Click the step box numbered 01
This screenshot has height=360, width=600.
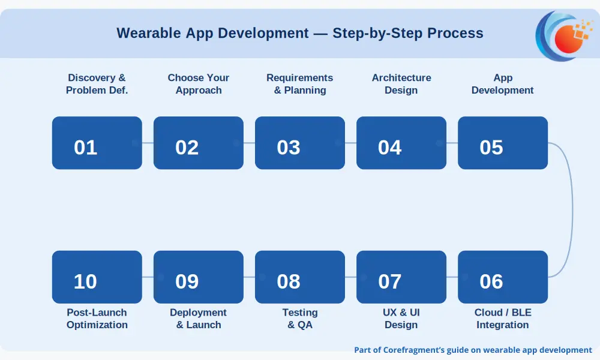pos(97,143)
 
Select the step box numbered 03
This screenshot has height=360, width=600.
pos(299,143)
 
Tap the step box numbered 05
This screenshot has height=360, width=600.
pos(502,143)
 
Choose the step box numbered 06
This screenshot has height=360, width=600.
pos(502,277)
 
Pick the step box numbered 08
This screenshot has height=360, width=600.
pos(299,277)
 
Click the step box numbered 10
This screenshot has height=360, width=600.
pos(97,277)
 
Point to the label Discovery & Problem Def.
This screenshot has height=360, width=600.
pos(97,84)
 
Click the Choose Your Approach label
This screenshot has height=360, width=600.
pos(198,84)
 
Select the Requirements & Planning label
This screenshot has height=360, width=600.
pos(299,84)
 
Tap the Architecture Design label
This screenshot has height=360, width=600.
pos(401,84)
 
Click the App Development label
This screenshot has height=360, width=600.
pos(502,84)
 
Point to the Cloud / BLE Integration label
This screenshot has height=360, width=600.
pos(502,318)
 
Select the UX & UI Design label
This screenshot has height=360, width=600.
pos(401,318)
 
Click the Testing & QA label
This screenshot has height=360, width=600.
pos(299,318)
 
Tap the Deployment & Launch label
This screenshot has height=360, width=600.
pos(198,318)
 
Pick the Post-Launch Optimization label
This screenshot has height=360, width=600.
pos(97,318)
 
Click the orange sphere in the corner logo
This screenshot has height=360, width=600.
pos(569,39)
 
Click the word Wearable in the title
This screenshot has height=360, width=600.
pos(148,33)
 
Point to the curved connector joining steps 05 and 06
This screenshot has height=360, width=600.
pos(572,209)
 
